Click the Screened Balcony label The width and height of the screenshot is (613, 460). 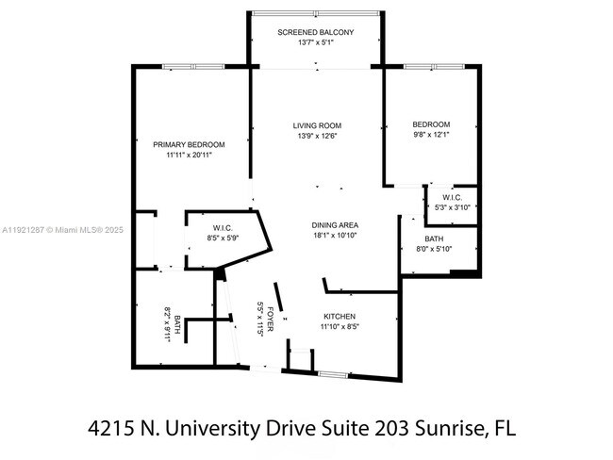316,33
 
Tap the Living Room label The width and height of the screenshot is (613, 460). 316,125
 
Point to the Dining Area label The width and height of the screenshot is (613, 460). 335,225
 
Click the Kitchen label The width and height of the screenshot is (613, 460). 340,317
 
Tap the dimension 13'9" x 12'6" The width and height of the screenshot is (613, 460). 316,137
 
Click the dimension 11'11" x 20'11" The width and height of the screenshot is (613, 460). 189,156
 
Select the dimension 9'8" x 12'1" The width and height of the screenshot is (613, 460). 431,136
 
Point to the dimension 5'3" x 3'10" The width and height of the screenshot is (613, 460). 452,208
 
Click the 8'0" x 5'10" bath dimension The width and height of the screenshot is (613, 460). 434,249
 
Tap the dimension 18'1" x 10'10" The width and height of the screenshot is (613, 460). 335,237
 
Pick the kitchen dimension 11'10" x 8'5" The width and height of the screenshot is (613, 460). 340,328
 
